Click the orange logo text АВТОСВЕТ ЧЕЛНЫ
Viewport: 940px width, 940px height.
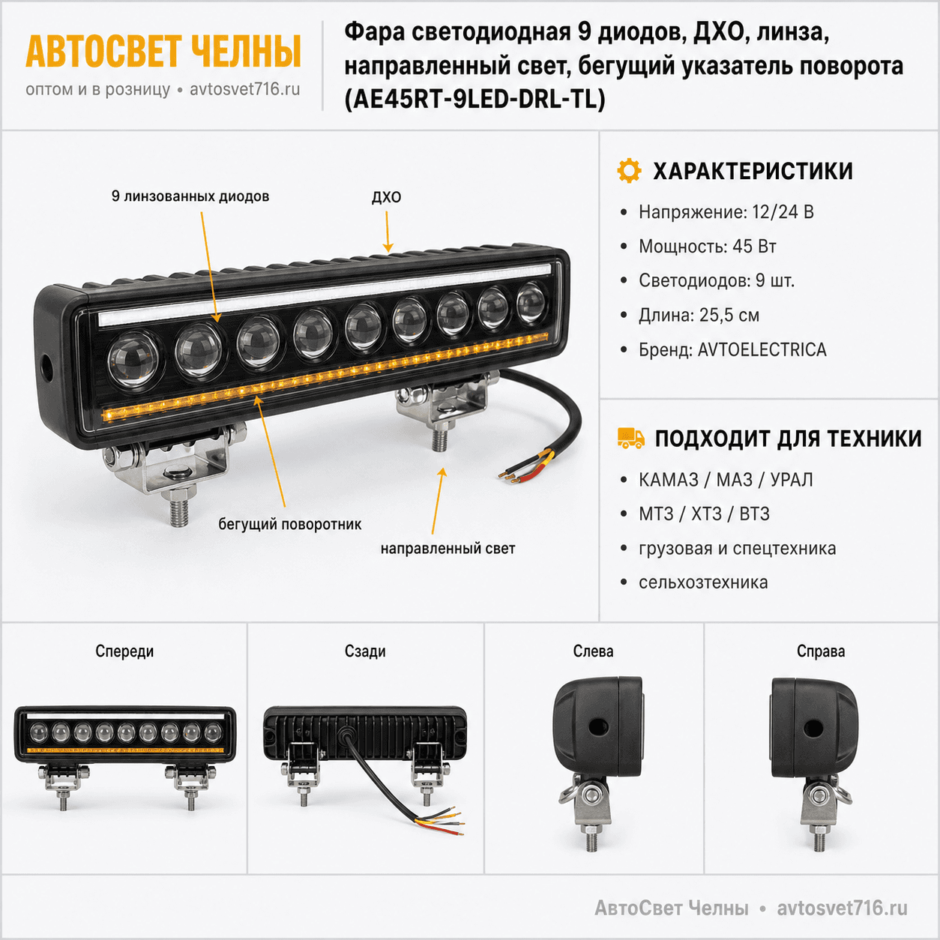163,51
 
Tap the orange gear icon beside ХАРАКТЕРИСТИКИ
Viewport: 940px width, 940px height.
629,171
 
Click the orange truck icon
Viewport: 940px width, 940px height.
630,438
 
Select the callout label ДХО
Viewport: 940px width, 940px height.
386,197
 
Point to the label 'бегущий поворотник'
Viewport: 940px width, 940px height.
290,525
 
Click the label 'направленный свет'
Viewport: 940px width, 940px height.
448,549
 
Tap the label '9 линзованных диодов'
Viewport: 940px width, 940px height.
190,196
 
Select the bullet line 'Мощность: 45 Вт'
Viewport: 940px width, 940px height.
708,247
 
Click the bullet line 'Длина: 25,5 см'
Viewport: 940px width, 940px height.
699,315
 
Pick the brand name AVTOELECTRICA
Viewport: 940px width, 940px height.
762,350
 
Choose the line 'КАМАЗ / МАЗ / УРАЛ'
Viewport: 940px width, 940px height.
726,480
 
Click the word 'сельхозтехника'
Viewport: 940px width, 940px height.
703,582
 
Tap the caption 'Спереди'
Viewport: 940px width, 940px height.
124,651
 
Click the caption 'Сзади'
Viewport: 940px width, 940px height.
365,651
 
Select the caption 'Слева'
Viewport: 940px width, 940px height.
593,651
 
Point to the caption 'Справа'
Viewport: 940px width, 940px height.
821,651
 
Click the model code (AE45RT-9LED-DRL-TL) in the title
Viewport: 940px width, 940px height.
474,100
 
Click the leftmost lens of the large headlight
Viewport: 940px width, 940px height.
133,359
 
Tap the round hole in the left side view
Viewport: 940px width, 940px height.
597,728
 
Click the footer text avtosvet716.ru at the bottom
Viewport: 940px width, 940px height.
842,909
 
